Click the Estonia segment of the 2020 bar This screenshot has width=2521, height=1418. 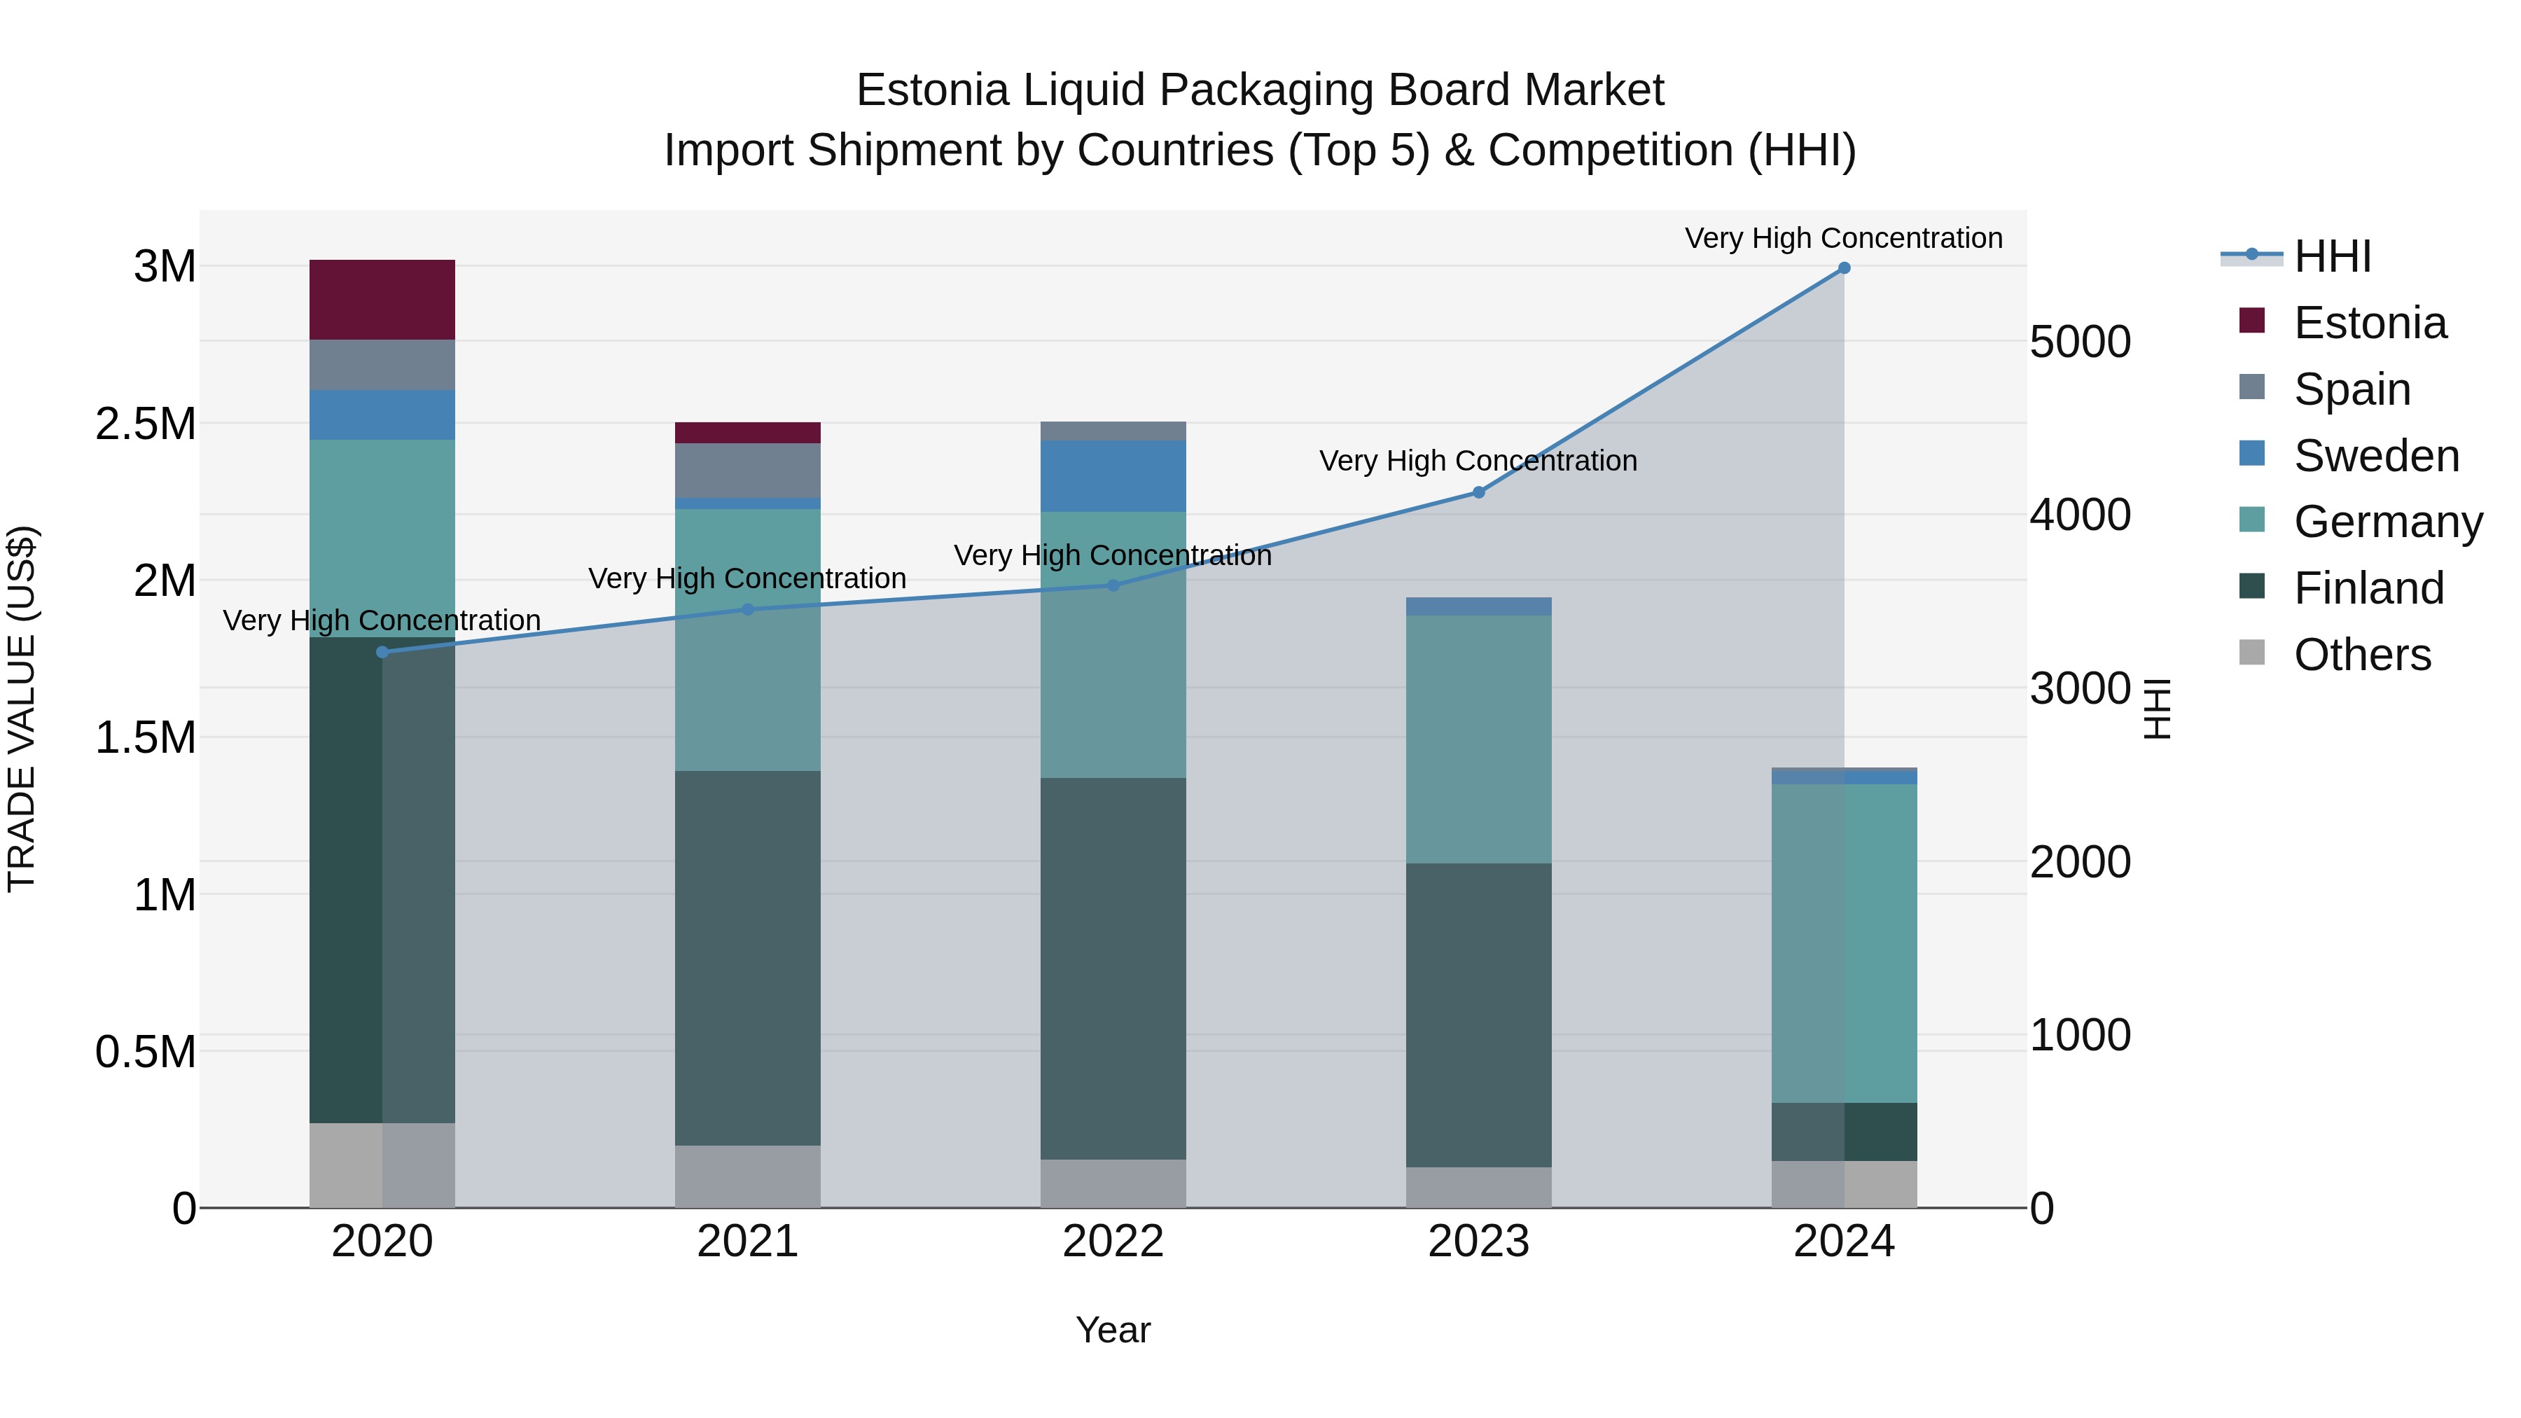tap(382, 300)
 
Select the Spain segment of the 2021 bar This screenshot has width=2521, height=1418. tap(748, 470)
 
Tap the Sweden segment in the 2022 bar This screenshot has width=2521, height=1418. tap(1113, 475)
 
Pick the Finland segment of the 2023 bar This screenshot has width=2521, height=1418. tap(1479, 1014)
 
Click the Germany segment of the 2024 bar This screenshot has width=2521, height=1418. tap(1844, 943)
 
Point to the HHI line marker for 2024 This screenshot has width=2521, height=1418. tap(1844, 268)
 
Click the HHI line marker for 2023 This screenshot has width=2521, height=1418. tap(1479, 492)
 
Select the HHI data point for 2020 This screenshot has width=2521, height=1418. tap(382, 652)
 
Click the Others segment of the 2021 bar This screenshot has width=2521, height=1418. tap(748, 1176)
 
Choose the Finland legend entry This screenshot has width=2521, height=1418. tap(2368, 588)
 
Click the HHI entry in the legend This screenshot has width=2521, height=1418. tap(2331, 256)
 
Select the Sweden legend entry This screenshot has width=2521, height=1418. tap(2376, 456)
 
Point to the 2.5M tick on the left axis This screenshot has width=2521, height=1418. tap(146, 424)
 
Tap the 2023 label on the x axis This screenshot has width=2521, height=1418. tap(1479, 1242)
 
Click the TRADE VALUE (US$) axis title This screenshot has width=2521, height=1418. tap(22, 709)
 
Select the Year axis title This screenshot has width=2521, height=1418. tap(1113, 1330)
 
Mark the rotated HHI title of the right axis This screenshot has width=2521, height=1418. tap(2156, 709)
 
